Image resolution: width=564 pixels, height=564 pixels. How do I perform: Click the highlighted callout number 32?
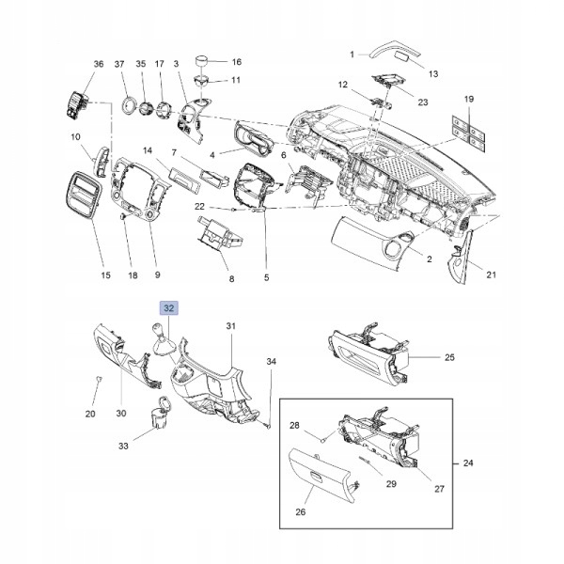tap(169, 307)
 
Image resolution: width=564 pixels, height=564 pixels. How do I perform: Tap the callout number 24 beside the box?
tap(469, 463)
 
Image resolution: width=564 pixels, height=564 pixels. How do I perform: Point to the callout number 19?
tap(469, 99)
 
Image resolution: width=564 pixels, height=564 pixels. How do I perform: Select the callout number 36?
tap(99, 63)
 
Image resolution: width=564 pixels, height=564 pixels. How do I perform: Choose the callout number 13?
tap(433, 73)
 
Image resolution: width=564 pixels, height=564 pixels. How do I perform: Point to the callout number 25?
tap(448, 357)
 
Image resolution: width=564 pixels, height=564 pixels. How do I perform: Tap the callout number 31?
tap(229, 325)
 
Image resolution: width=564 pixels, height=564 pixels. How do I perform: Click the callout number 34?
tap(271, 361)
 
